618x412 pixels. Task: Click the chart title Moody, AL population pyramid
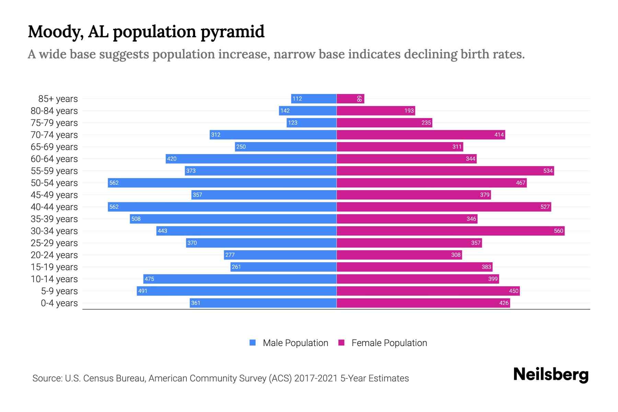146,32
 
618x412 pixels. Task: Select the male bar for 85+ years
313,99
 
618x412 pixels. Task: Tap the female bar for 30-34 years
450,231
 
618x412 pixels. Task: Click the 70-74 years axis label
54,135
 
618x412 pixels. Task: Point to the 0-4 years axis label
59,303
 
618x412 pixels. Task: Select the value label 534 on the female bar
548,171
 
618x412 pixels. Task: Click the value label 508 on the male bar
136,219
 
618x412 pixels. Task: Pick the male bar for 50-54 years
222,183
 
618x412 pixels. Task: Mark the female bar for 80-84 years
376,111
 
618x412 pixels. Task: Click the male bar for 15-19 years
283,267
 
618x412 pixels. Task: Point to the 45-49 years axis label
54,195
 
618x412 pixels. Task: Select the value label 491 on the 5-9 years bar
142,291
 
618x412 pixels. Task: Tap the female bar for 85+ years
350,99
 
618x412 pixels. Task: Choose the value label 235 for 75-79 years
426,123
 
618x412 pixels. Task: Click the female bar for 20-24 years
399,255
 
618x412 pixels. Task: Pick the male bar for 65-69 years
286,147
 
